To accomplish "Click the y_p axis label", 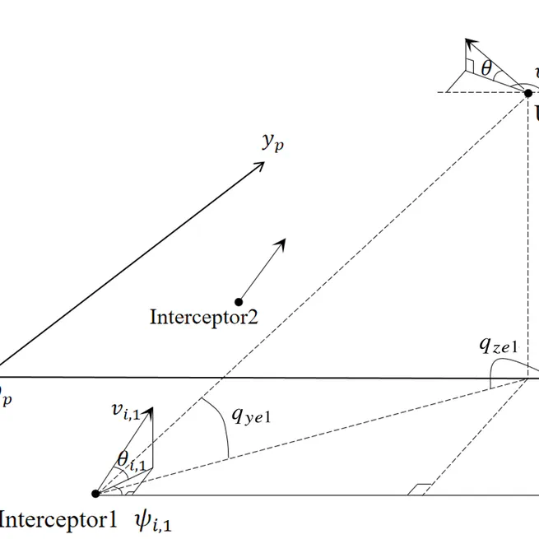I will coord(273,142).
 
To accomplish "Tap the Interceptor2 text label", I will coord(203,317).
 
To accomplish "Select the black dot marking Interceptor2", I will coord(239,301).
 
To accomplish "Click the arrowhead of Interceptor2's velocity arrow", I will coord(282,242).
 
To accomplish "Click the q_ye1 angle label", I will coord(251,416).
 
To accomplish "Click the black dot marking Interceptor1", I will coord(95,494).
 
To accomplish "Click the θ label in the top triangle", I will coord(486,69).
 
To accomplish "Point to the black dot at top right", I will coord(527,93).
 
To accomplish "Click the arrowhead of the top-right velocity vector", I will coord(468,41).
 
